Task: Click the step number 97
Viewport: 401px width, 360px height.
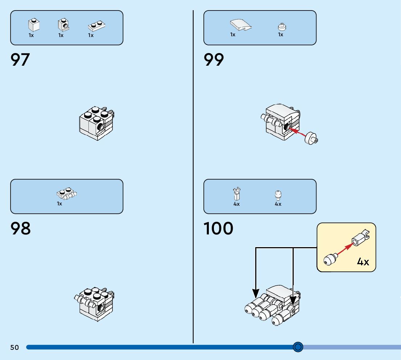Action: click(20, 60)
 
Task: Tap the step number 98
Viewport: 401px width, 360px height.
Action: click(21, 229)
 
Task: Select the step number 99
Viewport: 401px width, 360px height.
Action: click(214, 60)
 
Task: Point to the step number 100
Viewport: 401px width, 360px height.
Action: click(218, 229)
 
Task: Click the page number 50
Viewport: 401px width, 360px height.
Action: click(15, 348)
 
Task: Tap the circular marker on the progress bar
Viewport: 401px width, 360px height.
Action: click(298, 347)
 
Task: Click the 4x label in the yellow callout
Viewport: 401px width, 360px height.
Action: click(363, 262)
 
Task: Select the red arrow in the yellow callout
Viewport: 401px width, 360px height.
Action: click(344, 250)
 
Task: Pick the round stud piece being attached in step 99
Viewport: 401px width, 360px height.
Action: click(311, 139)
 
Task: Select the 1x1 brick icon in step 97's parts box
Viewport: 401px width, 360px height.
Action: click(34, 25)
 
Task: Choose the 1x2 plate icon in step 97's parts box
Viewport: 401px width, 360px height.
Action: click(97, 26)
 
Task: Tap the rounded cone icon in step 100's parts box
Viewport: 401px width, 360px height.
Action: click(278, 195)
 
